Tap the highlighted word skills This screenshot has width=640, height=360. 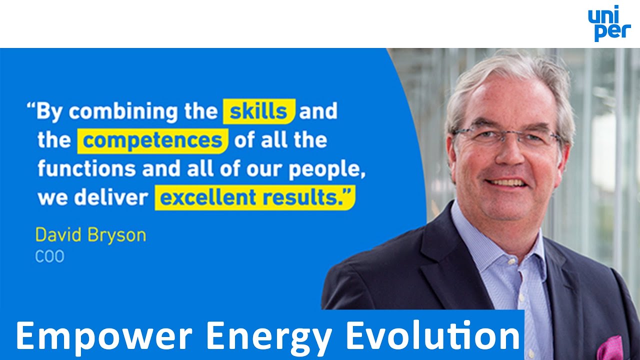point(258,111)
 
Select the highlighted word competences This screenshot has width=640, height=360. point(152,141)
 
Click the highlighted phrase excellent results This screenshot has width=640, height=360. point(255,197)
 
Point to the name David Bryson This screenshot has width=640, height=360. point(90,235)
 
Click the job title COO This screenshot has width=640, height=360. point(49,257)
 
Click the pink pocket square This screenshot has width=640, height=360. point(610,348)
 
